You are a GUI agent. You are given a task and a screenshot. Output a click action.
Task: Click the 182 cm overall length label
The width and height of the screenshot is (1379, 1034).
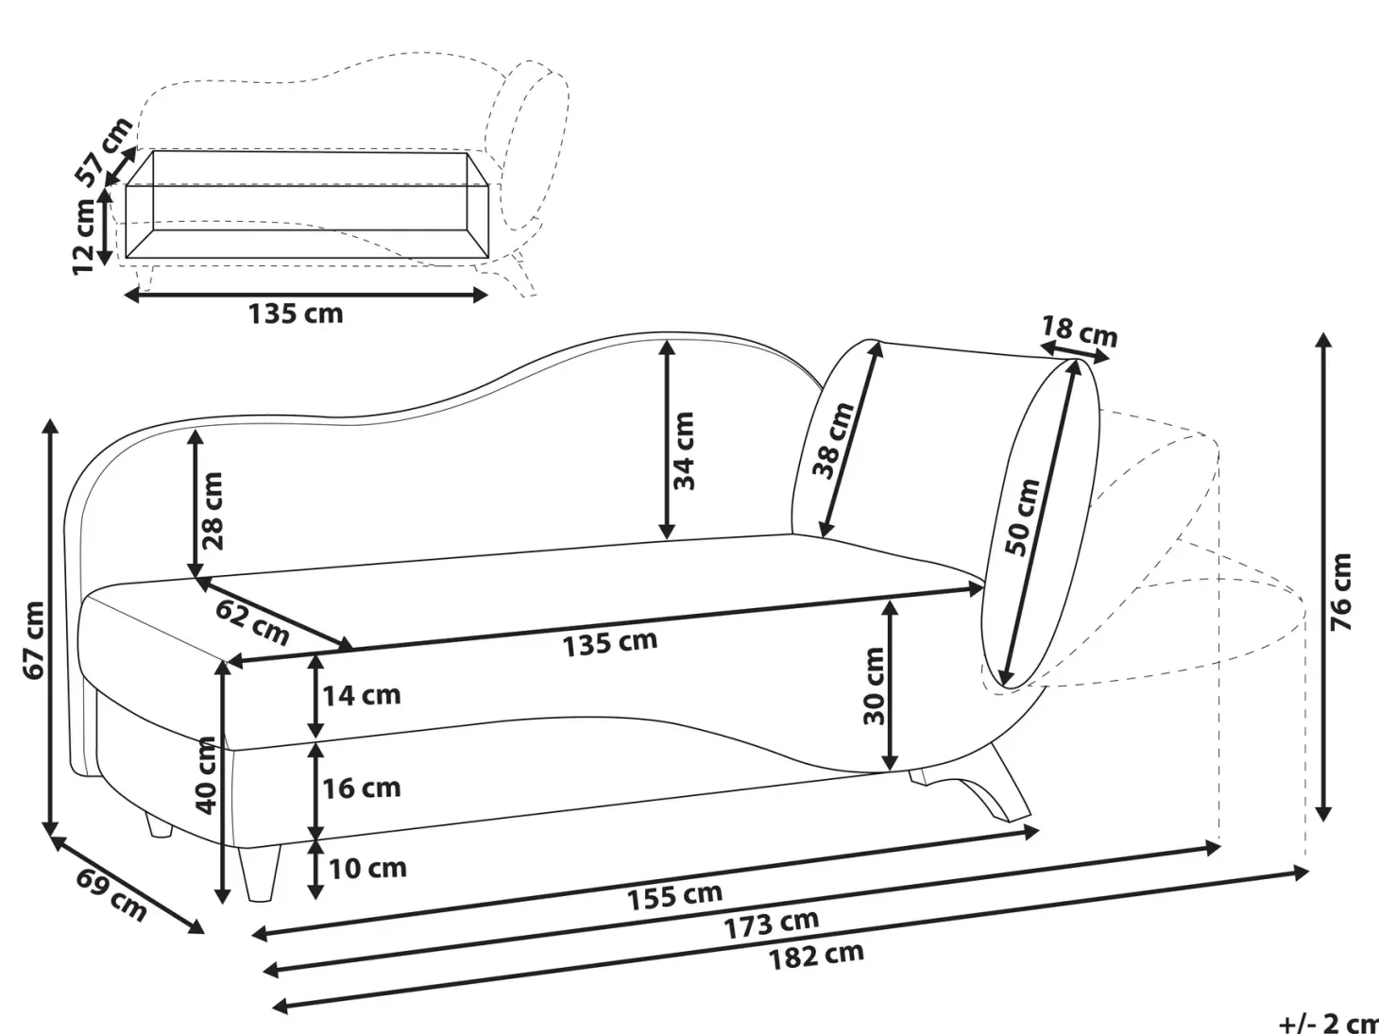tap(817, 957)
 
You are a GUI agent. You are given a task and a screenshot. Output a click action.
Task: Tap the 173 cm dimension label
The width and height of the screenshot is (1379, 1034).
tap(772, 924)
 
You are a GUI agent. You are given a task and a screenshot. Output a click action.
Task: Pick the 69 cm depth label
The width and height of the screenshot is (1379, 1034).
tap(111, 895)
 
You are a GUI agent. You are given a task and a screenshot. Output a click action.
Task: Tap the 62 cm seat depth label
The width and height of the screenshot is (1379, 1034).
tap(252, 622)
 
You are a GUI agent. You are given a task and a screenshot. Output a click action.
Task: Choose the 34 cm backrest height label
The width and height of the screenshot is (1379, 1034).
tap(684, 450)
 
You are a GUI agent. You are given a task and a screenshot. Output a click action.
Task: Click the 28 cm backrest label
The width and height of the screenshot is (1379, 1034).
tap(213, 512)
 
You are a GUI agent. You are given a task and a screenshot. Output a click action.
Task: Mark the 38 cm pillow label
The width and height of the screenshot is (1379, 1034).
tap(834, 441)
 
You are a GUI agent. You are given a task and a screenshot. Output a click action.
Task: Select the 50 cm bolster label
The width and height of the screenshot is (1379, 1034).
tap(1022, 517)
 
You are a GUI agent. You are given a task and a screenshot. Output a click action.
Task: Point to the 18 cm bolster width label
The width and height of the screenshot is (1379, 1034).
tap(1080, 331)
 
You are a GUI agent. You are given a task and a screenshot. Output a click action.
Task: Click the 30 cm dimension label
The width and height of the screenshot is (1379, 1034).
tap(874, 687)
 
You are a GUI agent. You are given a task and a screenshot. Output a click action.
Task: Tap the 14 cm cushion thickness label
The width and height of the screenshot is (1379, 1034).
tap(361, 696)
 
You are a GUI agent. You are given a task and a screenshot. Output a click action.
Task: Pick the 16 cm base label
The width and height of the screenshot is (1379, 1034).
tap(361, 788)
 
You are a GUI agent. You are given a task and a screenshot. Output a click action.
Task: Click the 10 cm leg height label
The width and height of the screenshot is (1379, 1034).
tap(367, 869)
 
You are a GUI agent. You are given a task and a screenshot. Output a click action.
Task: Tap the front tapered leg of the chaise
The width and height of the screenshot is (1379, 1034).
tap(260, 873)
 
